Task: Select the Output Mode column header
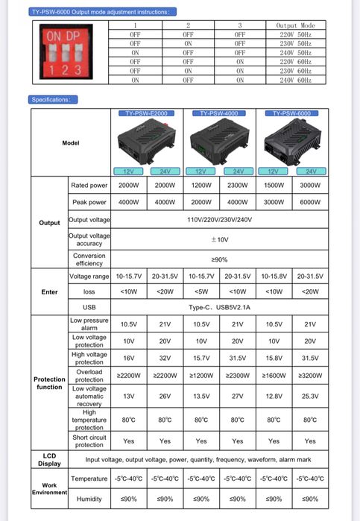pos(296,25)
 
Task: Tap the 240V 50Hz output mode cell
pos(296,52)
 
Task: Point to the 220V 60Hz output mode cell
pos(296,61)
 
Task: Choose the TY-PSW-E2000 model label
pos(146,113)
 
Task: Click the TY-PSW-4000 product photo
pos(219,142)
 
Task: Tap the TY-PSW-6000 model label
pos(292,113)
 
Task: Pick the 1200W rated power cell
pos(201,185)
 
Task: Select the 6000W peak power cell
pos(311,202)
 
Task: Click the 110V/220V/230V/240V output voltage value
pos(219,220)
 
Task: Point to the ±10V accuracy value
pos(219,239)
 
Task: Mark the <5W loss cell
pos(201,291)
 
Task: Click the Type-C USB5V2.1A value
pos(219,307)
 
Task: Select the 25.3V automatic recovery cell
pos(311,397)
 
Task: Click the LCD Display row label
pos(49,459)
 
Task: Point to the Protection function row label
pos(49,382)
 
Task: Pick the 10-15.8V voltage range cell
pos(274,276)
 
